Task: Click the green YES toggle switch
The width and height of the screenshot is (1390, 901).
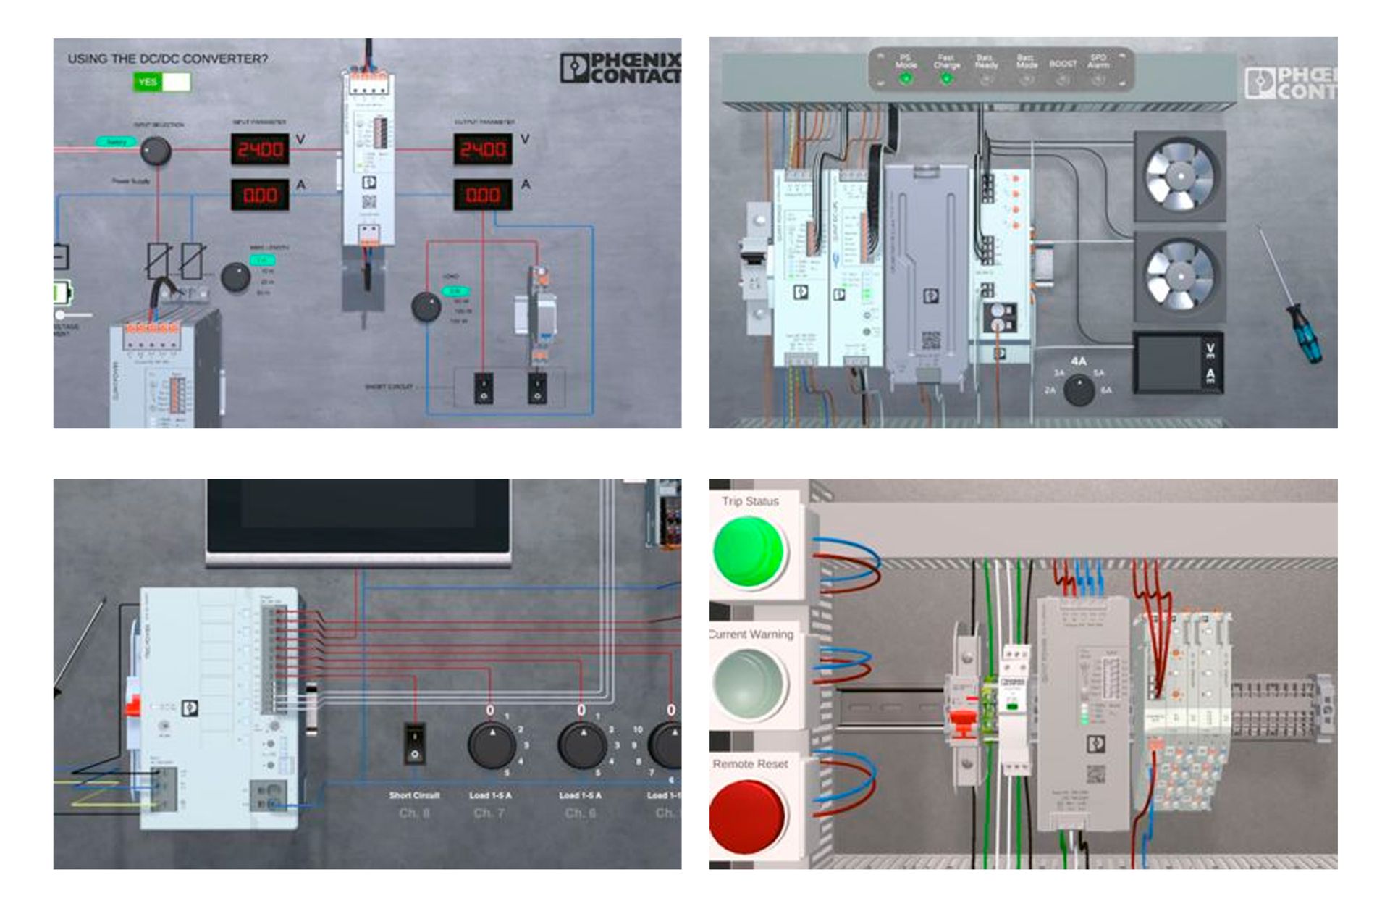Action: (x=161, y=82)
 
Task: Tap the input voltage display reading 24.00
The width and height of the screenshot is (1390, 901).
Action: (x=260, y=150)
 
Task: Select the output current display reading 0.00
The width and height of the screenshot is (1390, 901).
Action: (x=483, y=195)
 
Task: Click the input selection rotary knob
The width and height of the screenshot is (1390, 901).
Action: (x=155, y=151)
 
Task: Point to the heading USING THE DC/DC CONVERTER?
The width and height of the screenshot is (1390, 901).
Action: (x=167, y=59)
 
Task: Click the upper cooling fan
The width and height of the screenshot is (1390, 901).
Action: (x=1179, y=177)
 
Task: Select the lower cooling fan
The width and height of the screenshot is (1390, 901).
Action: (x=1179, y=275)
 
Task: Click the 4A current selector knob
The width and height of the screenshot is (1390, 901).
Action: (x=1079, y=390)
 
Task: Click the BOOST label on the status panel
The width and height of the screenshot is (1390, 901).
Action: (x=1063, y=64)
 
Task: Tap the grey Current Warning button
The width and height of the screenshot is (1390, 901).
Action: (x=749, y=682)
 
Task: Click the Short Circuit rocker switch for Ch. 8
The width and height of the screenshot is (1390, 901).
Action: (x=414, y=744)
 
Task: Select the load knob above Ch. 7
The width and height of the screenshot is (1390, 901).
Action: (x=492, y=745)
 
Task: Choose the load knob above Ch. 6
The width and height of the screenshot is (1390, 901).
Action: (x=582, y=745)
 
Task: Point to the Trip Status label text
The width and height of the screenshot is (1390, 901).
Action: (x=750, y=501)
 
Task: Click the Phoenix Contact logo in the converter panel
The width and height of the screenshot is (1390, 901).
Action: (x=620, y=68)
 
